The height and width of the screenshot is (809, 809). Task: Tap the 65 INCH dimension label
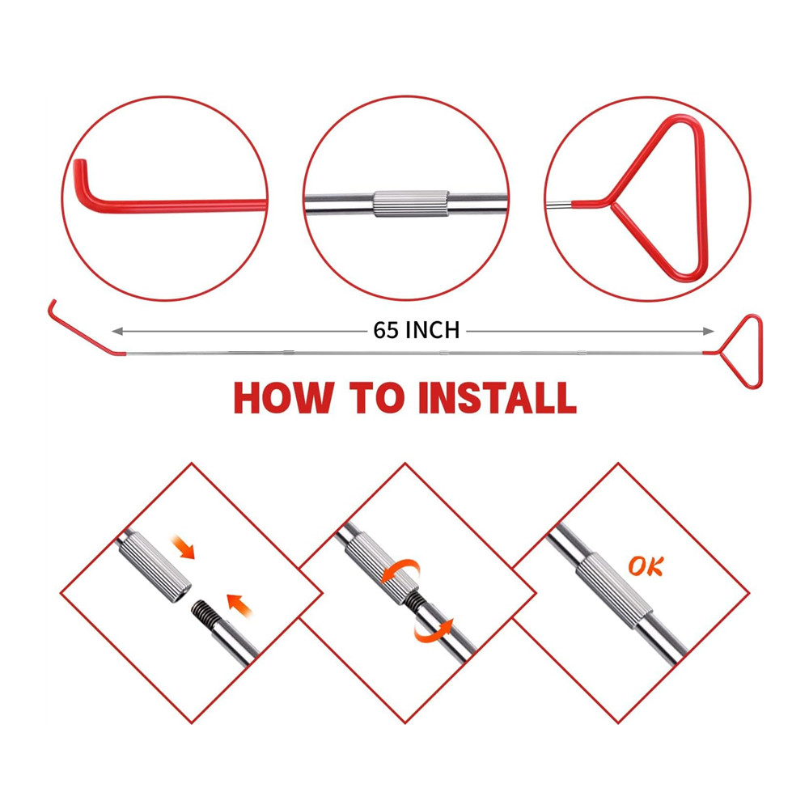pos(417,330)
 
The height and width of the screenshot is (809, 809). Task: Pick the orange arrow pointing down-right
pos(185,549)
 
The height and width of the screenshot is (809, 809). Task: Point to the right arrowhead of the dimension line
pos(709,330)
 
